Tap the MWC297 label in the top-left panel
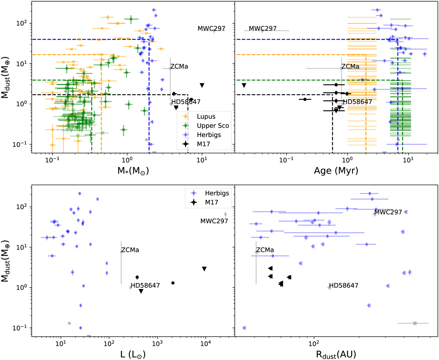click(211, 29)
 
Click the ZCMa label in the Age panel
click(350, 67)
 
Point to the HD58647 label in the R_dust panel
click(344, 285)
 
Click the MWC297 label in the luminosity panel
click(214, 221)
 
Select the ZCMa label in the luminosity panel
click(130, 250)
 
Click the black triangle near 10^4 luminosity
click(204, 269)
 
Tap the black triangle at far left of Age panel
click(244, 85)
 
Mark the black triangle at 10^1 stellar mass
click(202, 85)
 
